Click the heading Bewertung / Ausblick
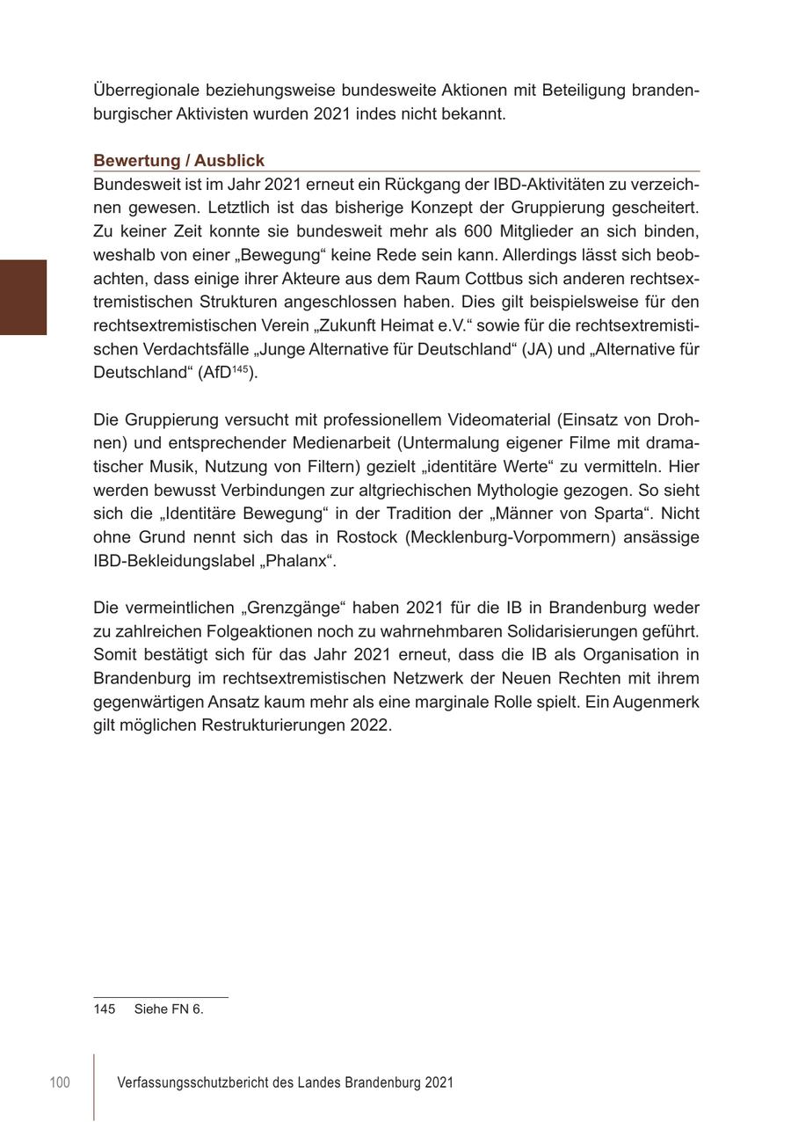178,161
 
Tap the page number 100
60,1082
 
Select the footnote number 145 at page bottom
104,1009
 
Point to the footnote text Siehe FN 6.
169,1009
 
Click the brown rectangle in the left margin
23,297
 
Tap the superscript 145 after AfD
240,369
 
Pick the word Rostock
366,537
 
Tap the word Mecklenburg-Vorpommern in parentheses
511,537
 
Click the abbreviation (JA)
534,349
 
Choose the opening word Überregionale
145,91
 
